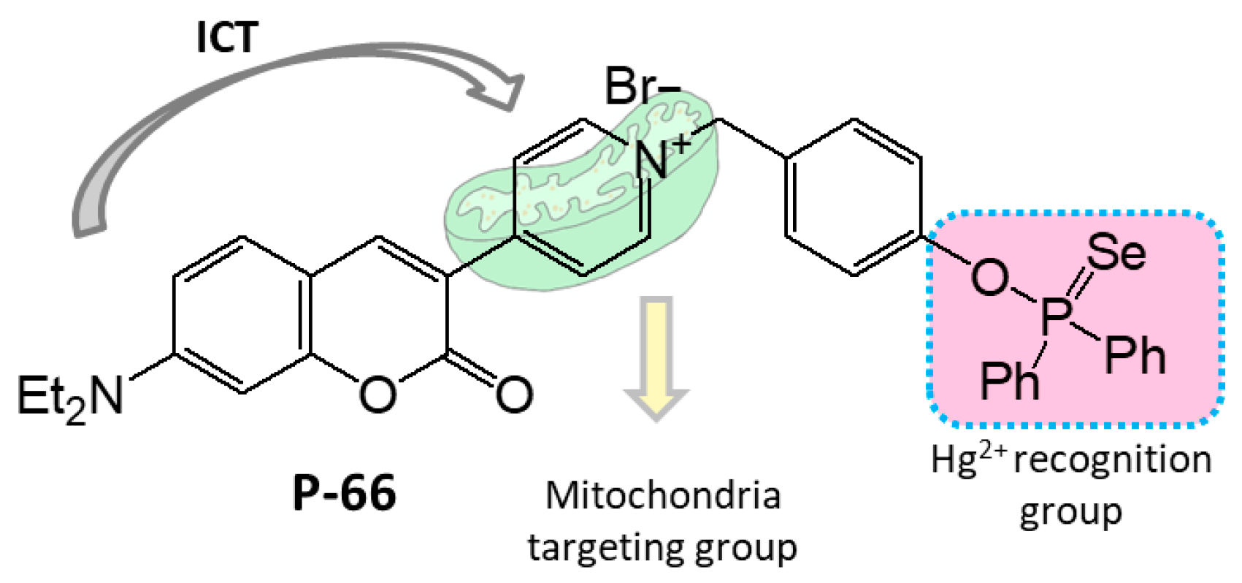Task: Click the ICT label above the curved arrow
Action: coord(227,37)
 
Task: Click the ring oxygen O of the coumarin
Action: coord(377,395)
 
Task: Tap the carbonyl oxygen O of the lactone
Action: coord(513,395)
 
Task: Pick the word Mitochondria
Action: coord(663,495)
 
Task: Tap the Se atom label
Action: coord(1116,252)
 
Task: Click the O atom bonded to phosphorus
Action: coord(989,278)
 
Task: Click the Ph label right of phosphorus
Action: coord(1135,357)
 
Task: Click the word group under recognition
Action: coord(1070,513)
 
